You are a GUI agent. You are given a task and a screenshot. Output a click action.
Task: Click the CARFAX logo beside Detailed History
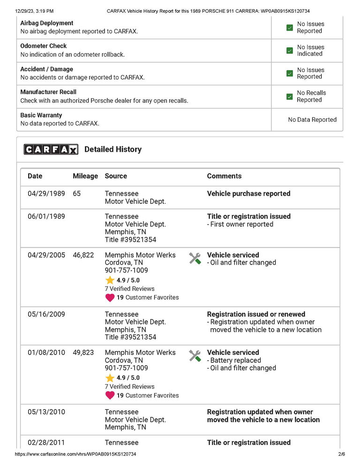pyautogui.click(x=51, y=149)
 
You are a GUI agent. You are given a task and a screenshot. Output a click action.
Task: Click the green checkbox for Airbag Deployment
pyautogui.click(x=290, y=28)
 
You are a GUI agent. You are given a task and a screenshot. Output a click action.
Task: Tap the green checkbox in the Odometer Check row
pyautogui.click(x=290, y=51)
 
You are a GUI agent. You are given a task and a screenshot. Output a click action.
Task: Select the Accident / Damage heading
pyautogui.click(x=46, y=69)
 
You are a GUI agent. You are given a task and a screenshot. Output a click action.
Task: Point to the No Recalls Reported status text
pyautogui.click(x=311, y=96)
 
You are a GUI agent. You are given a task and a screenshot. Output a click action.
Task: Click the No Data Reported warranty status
pyautogui.click(x=312, y=119)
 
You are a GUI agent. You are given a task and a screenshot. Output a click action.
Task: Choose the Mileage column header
pyautogui.click(x=85, y=176)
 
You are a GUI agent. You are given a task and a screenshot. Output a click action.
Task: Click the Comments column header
pyautogui.click(x=224, y=176)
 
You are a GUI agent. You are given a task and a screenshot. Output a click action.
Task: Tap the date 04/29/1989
pyautogui.click(x=46, y=193)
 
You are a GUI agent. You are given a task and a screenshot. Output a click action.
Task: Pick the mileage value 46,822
pyautogui.click(x=83, y=255)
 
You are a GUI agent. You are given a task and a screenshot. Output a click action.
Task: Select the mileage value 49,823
pyautogui.click(x=83, y=352)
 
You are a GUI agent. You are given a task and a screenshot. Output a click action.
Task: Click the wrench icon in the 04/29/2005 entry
pyautogui.click(x=195, y=258)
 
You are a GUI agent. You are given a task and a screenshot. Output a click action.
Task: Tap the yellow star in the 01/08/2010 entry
pyautogui.click(x=110, y=378)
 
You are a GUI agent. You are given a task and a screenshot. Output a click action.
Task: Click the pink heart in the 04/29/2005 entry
pyautogui.click(x=110, y=297)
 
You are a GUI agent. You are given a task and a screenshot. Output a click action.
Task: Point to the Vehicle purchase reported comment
pyautogui.click(x=248, y=193)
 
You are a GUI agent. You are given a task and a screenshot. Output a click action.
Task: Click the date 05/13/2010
pyautogui.click(x=46, y=412)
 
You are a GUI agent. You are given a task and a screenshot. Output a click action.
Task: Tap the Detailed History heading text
pyautogui.click(x=112, y=149)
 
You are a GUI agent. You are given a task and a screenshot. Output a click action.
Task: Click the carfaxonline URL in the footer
pyautogui.click(x=76, y=454)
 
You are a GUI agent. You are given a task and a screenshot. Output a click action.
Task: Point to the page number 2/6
pyautogui.click(x=341, y=454)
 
